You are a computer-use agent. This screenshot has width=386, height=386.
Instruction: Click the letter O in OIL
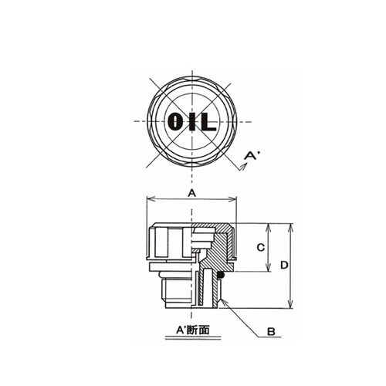tap(174, 121)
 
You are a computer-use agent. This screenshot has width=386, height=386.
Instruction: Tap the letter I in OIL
tap(191, 121)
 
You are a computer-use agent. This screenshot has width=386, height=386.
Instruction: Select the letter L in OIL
tap(208, 121)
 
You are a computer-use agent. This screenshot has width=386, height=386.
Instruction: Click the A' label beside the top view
tap(252, 155)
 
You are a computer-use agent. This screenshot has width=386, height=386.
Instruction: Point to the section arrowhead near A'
tap(243, 167)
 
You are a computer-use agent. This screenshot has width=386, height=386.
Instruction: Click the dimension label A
tap(192, 193)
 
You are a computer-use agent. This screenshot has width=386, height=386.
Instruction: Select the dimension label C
tap(261, 248)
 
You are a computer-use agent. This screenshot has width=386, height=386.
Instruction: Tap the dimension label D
tap(284, 265)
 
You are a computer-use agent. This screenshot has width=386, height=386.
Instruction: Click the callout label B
tap(271, 332)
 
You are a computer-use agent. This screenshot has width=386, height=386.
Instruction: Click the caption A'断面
tap(193, 330)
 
